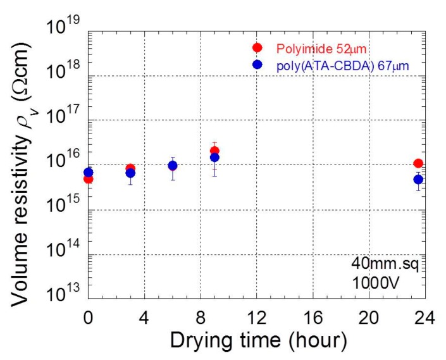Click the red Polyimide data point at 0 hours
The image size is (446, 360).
tap(89, 179)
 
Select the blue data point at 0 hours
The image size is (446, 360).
tap(89, 172)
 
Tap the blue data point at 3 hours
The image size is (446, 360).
tap(130, 173)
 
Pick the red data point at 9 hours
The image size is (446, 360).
tap(214, 151)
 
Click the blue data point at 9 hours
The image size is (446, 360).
tap(214, 158)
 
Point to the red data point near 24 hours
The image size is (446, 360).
tap(418, 163)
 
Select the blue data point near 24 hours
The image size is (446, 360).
tap(418, 180)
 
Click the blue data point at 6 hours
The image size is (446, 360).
tap(172, 166)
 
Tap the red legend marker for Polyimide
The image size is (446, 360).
tap(257, 48)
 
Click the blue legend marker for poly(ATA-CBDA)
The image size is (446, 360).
tap(257, 65)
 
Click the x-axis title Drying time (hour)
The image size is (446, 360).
tap(257, 341)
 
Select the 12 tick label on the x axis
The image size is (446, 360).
tap(257, 316)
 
